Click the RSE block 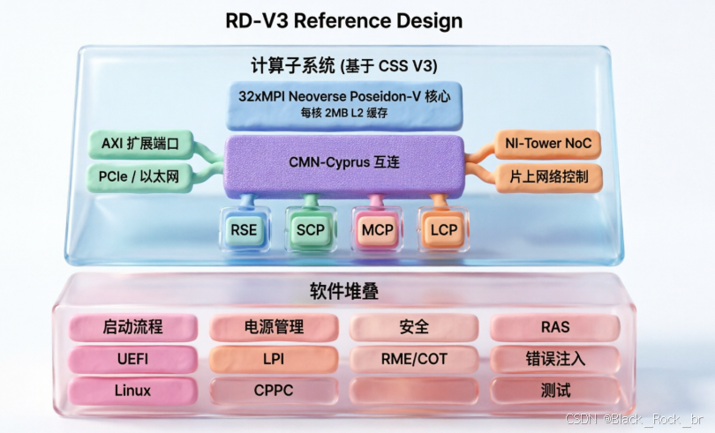pyautogui.click(x=245, y=229)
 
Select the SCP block pyautogui.click(x=311, y=229)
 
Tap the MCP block pyautogui.click(x=377, y=229)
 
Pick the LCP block pyautogui.click(x=444, y=229)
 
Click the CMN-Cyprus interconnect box pyautogui.click(x=344, y=166)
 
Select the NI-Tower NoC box pyautogui.click(x=547, y=144)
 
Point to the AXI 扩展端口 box pyautogui.click(x=140, y=144)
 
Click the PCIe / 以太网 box pyautogui.click(x=139, y=177)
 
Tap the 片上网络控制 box pyautogui.click(x=548, y=177)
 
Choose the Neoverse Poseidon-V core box pyautogui.click(x=344, y=105)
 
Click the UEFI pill pyautogui.click(x=132, y=359)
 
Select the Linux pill pyautogui.click(x=132, y=391)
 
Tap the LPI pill pyautogui.click(x=274, y=359)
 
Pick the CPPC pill pyautogui.click(x=274, y=391)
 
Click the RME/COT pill pyautogui.click(x=414, y=359)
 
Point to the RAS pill pyautogui.click(x=555, y=327)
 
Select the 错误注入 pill pyautogui.click(x=555, y=359)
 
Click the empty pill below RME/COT pyautogui.click(x=414, y=391)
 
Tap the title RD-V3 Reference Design pyautogui.click(x=344, y=21)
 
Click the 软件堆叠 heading pyautogui.click(x=344, y=291)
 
